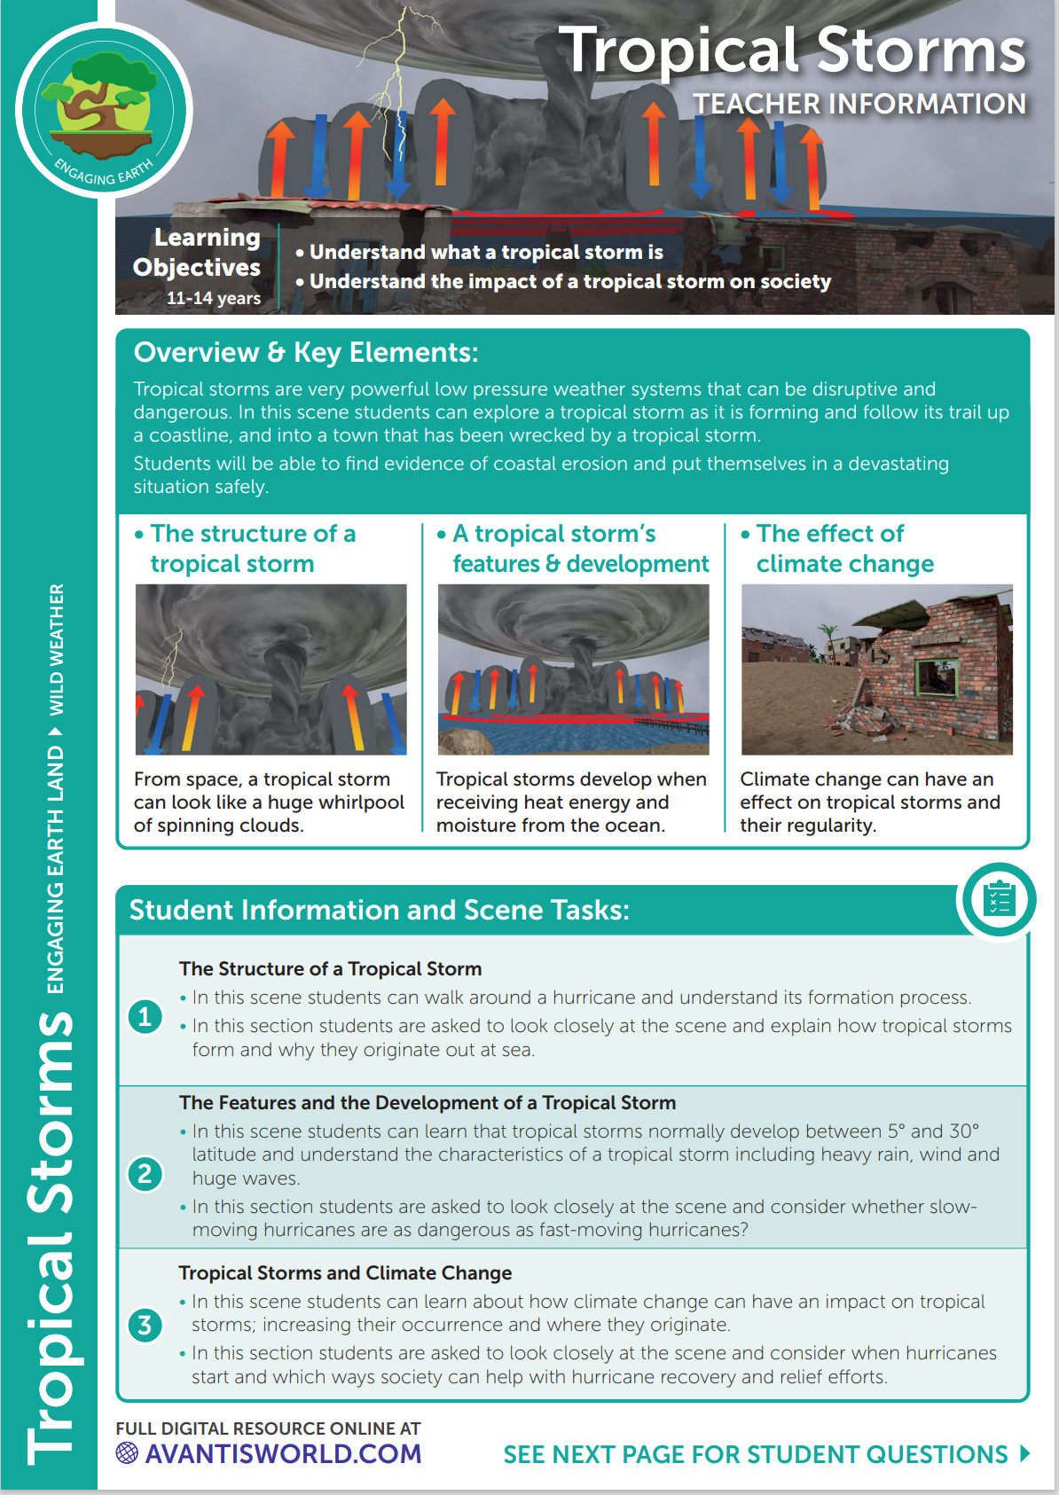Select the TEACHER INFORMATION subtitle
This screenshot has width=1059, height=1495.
(859, 104)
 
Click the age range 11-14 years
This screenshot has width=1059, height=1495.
(214, 298)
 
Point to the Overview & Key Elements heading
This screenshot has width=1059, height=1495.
(306, 353)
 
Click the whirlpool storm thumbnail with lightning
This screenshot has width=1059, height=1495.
(271, 669)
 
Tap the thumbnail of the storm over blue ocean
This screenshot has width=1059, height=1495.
(573, 669)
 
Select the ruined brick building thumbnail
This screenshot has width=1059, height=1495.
(876, 669)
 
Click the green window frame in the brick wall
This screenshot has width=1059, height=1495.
(937, 677)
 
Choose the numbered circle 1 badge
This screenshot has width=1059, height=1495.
(145, 1016)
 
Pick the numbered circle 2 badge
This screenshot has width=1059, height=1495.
(145, 1174)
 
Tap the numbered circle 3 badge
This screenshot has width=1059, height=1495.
(145, 1326)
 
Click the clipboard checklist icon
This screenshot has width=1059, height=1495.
(999, 900)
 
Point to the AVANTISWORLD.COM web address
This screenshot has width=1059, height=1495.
(283, 1454)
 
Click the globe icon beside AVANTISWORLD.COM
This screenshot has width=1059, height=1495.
(127, 1452)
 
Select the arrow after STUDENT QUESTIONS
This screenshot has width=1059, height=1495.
(1025, 1453)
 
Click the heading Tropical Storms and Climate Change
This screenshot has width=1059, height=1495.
(345, 1273)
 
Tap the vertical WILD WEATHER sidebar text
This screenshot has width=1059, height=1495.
(56, 649)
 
